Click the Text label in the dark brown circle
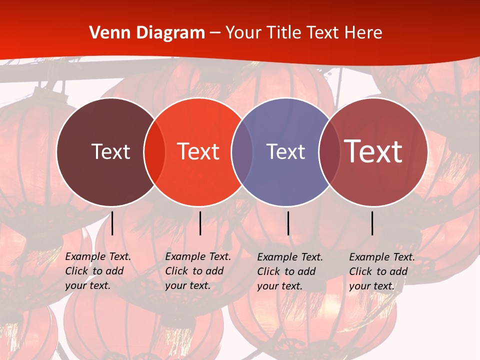110,151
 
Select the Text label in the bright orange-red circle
198,151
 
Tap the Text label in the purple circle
285,151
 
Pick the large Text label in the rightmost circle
373,151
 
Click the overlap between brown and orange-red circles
154,151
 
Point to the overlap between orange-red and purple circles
242,151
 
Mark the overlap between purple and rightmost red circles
329,151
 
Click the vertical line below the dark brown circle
112,223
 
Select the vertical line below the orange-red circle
200,223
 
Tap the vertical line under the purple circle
288,223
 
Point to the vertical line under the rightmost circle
372,223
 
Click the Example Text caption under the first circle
97,271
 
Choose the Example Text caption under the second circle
197,271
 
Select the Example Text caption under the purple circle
289,271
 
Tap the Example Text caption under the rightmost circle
381,271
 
